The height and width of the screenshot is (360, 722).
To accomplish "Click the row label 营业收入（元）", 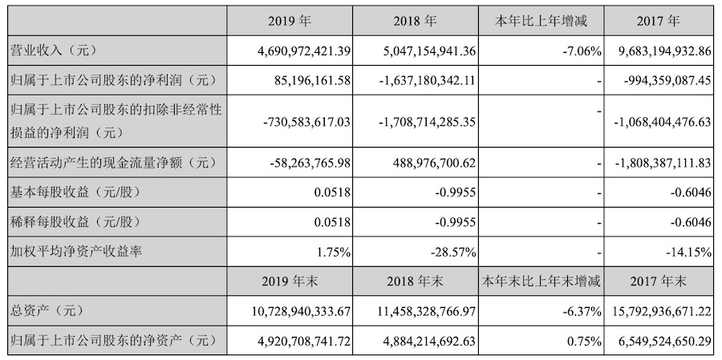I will [53, 51].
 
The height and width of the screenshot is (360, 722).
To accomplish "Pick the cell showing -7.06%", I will [580, 51].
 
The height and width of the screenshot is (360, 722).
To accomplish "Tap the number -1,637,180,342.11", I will [427, 80].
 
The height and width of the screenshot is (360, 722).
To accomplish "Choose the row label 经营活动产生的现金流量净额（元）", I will [112, 163].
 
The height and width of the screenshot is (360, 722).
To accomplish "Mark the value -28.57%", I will [455, 252].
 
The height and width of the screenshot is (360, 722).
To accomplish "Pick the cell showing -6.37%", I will [580, 311].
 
